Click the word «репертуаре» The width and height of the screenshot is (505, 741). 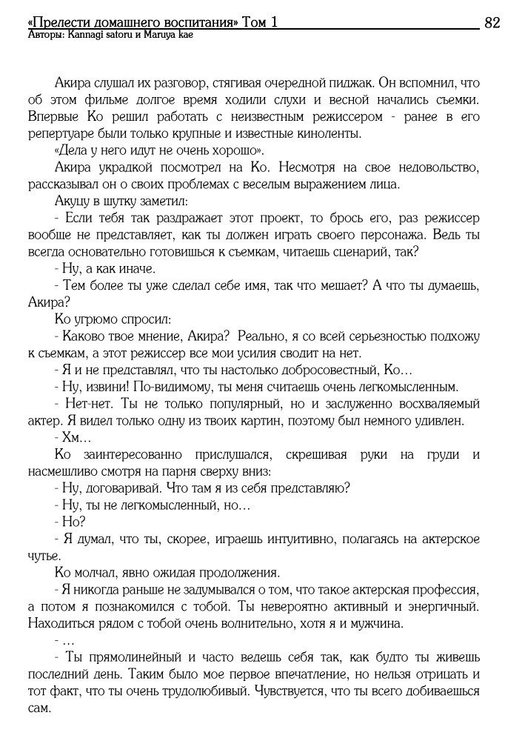click(64, 134)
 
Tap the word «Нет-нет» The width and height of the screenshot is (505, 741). click(86, 404)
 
